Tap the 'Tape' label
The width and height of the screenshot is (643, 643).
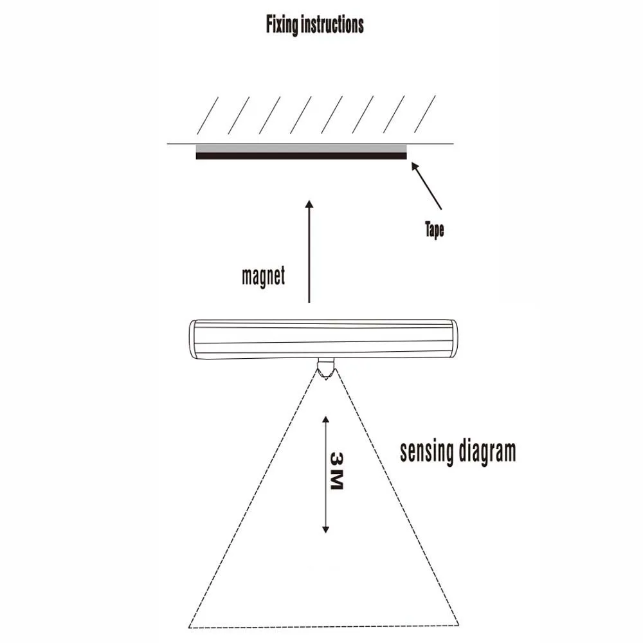pos(435,230)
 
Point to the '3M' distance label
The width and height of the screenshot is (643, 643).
pos(336,471)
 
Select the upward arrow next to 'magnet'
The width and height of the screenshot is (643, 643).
pos(309,251)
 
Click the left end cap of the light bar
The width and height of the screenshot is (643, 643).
pos(195,340)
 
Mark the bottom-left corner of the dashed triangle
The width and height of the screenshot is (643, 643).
pos(190,626)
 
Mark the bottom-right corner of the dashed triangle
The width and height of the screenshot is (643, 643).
pos(458,624)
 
